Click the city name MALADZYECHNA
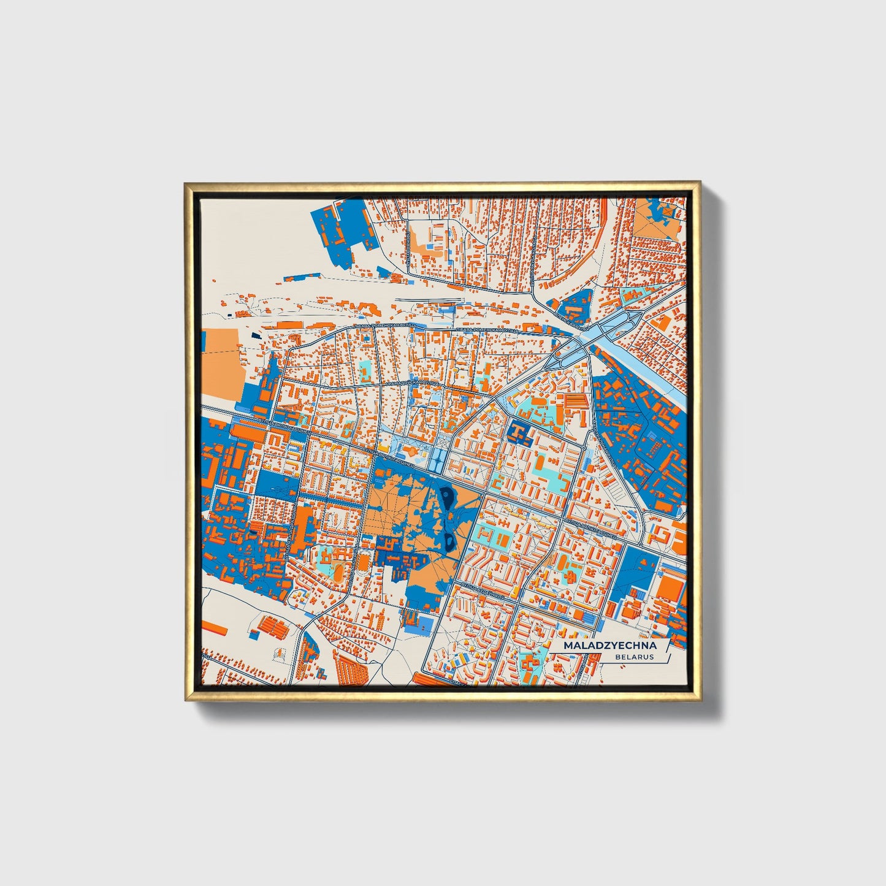pyautogui.click(x=609, y=646)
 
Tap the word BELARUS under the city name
pyautogui.click(x=635, y=657)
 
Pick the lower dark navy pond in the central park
pyautogui.click(x=451, y=540)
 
